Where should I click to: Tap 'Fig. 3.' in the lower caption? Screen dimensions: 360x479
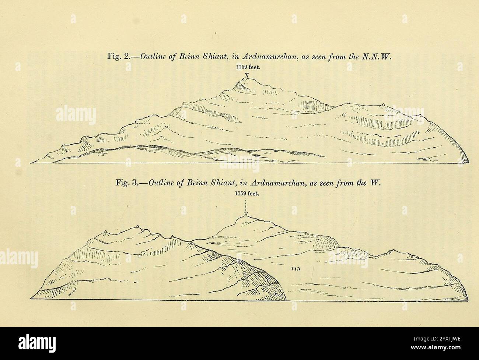click(x=126, y=183)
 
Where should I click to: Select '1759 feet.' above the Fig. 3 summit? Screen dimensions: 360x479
click(x=247, y=195)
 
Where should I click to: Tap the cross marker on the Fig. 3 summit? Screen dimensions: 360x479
click(x=245, y=215)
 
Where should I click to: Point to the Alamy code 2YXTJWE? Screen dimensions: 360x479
click(x=438, y=353)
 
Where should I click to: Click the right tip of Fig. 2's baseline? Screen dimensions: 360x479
click(x=469, y=162)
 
